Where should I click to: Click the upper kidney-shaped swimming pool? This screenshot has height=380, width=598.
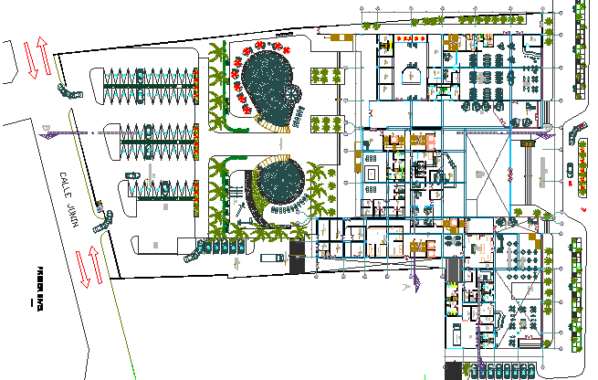click(267, 88)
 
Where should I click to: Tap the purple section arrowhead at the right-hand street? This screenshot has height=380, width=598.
click(530, 141)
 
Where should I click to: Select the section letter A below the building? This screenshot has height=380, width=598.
click(404, 286)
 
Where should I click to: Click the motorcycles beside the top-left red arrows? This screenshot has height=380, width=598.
click(69, 90)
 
